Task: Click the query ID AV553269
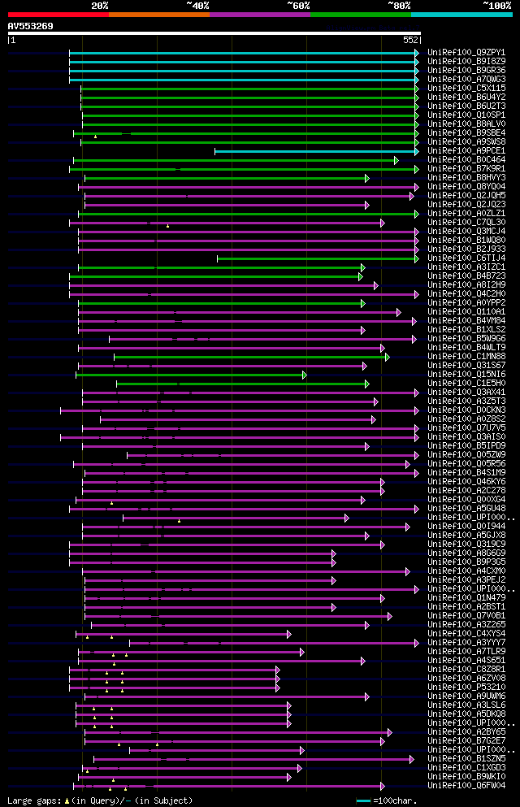pos(31,26)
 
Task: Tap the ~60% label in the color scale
pos(298,6)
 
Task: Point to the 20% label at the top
pos(100,6)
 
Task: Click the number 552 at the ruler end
pos(410,40)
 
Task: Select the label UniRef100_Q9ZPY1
pos(466,52)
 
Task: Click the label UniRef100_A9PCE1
pos(466,151)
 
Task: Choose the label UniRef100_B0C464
pos(466,160)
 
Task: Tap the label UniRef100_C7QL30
pos(466,223)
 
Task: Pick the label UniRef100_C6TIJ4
pos(466,258)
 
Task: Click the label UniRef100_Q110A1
pos(466,312)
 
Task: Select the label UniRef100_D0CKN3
pos(466,410)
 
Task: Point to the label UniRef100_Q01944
pos(466,527)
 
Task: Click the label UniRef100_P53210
pos(466,688)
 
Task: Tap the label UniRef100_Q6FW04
pos(466,786)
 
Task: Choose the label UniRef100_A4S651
pos(466,661)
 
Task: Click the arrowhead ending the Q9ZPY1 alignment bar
pos(417,53)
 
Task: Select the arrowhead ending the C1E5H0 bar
pos(367,384)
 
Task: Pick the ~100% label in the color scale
pos(496,6)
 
